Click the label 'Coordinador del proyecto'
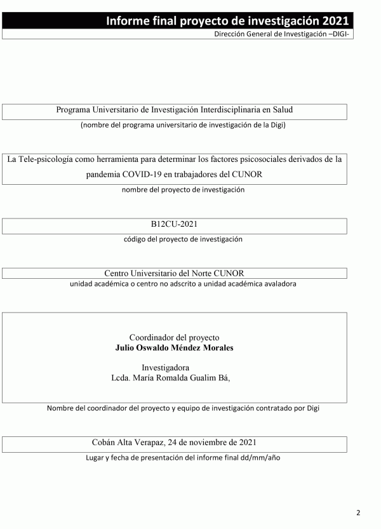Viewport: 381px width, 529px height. (175, 338)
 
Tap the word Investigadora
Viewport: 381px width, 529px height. (165, 368)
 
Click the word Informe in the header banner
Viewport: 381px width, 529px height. (126, 21)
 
